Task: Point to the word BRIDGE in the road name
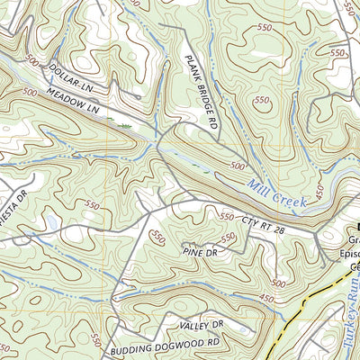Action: click(203, 96)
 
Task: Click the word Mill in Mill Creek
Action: click(262, 186)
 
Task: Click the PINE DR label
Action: click(200, 255)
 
